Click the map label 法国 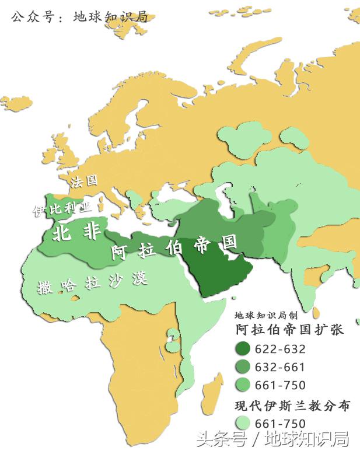tap(83, 181)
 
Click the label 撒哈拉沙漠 tap(92, 283)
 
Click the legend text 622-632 tap(280, 349)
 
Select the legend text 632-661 tap(280, 367)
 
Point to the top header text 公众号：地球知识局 tap(78, 16)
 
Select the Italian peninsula tap(120, 195)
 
